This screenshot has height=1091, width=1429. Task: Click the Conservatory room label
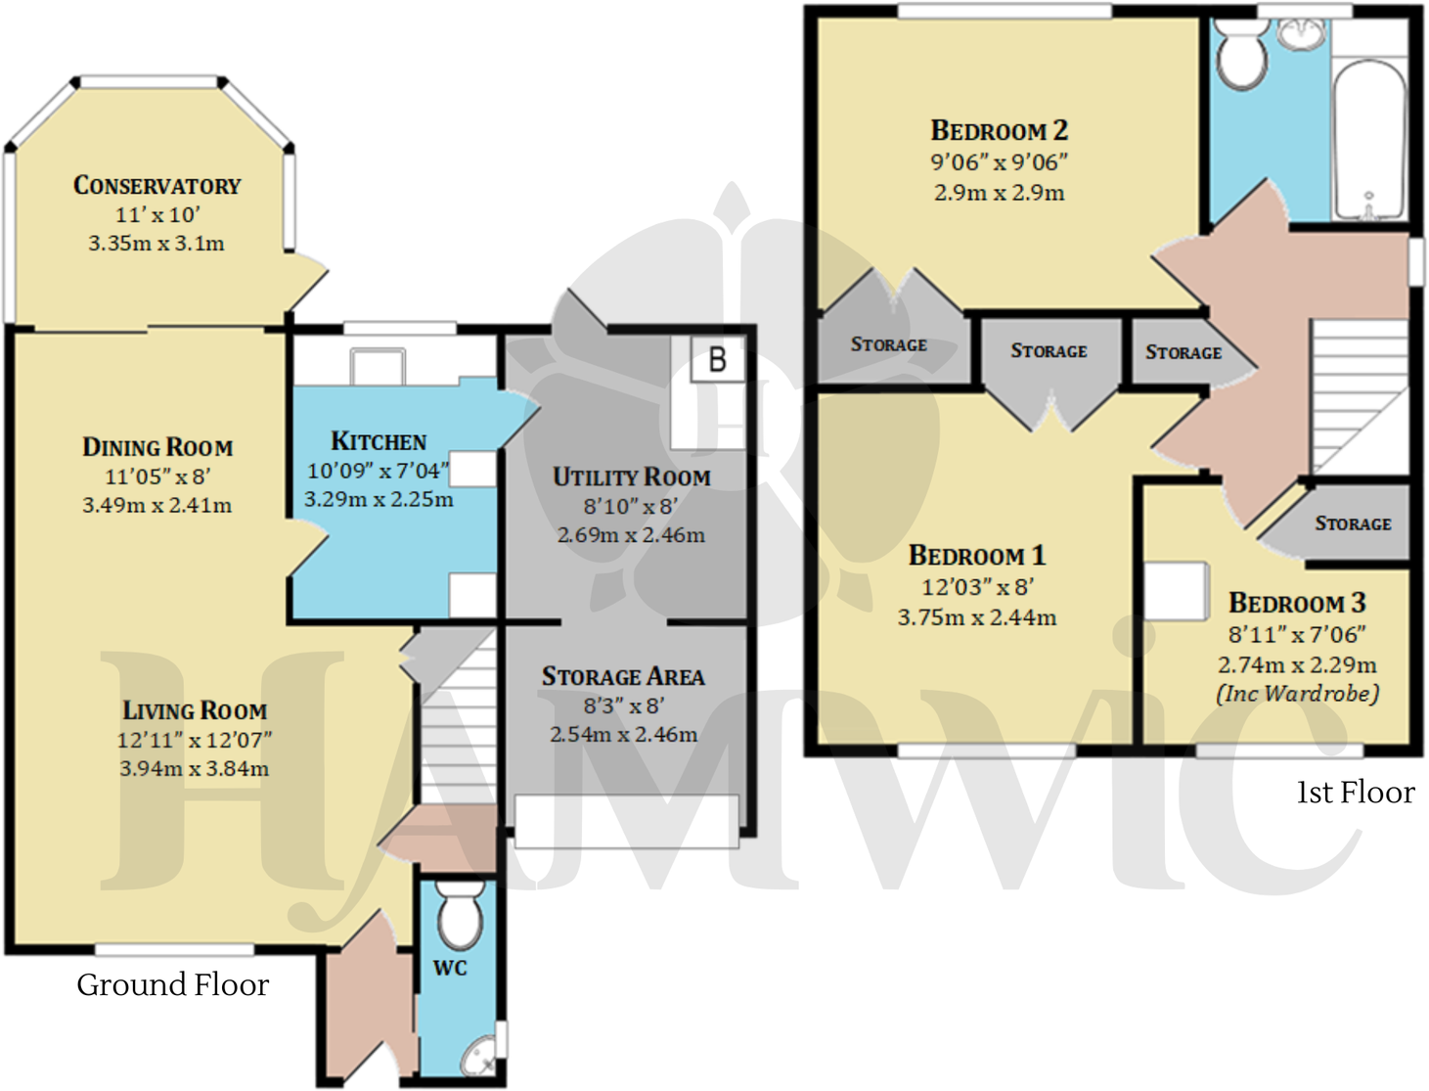coord(156,185)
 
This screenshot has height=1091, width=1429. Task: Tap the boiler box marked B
coord(717,360)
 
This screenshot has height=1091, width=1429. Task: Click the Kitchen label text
coord(379,441)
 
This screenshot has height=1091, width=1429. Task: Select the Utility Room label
coord(631,477)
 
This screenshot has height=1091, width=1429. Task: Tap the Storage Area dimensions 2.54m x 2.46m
coord(623,734)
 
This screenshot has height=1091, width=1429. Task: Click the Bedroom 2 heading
coord(999,130)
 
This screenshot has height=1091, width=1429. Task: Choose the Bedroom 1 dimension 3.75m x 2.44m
coord(976,617)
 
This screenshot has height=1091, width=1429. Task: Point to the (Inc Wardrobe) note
coord(1297,694)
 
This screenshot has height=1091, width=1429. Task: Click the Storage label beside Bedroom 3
coord(1352,523)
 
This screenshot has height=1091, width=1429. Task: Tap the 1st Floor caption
coord(1355,792)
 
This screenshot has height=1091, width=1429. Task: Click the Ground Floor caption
coord(172,984)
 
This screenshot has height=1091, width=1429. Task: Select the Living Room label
coord(194,710)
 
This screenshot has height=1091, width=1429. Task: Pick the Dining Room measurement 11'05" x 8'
coord(157,477)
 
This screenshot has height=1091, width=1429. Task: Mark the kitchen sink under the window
coord(378,366)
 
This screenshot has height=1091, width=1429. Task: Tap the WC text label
coord(450,968)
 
